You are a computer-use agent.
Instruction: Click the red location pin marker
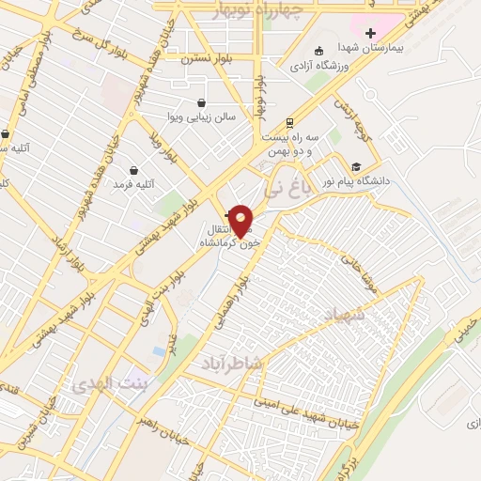click(241, 222)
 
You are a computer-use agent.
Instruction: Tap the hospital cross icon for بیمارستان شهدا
click(371, 33)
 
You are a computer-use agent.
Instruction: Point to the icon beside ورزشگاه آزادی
click(319, 50)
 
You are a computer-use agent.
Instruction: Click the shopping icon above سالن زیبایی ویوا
click(202, 102)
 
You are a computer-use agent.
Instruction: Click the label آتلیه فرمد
click(132, 185)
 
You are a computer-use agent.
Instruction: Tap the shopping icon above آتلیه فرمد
click(133, 170)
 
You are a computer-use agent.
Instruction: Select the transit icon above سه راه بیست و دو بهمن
click(289, 122)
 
